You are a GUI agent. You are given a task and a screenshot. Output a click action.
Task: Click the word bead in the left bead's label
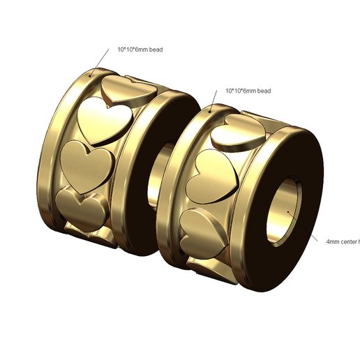156,50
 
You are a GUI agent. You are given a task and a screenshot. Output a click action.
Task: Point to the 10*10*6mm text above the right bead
241,91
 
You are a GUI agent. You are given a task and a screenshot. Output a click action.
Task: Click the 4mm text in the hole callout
333,241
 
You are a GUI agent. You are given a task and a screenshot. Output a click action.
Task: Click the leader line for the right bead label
216,100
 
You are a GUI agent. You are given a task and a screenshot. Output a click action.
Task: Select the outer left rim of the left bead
52,150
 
